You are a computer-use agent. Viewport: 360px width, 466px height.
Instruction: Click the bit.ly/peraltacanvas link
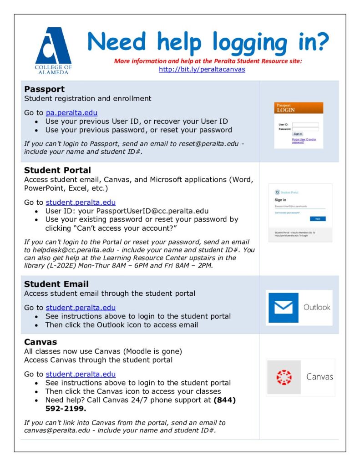coord(202,69)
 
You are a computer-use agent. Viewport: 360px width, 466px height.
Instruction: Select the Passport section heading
coord(45,89)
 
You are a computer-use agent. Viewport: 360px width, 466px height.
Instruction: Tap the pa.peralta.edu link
coord(71,112)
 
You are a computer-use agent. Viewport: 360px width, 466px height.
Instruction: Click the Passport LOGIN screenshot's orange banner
coord(299,108)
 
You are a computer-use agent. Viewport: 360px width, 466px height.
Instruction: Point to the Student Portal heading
coord(57,170)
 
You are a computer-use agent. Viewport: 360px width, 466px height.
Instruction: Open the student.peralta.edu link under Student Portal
coord(81,202)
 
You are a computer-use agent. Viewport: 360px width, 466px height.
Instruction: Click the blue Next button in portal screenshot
coord(317,219)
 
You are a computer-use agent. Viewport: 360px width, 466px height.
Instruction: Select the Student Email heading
coord(56,284)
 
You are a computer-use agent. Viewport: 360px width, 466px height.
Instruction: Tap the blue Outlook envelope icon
coord(283,308)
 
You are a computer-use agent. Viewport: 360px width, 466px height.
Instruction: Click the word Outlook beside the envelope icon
coord(317,307)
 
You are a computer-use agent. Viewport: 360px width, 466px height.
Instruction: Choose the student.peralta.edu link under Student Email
coord(81,308)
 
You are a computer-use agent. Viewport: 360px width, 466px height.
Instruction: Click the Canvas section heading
coord(41,342)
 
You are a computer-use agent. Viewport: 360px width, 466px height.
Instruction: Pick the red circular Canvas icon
coord(284,377)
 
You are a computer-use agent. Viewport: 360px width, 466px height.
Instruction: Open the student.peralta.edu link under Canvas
coord(81,374)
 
